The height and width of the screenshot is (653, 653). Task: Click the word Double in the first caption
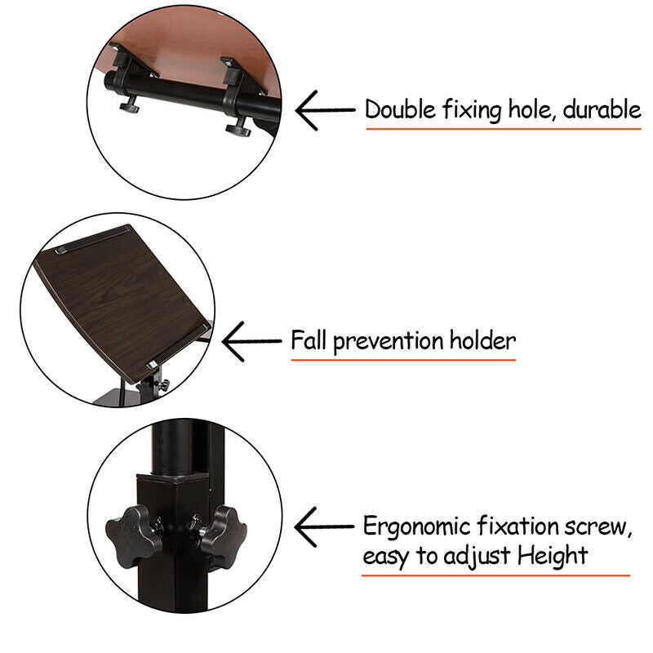click(x=400, y=109)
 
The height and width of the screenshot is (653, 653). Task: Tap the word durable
click(x=602, y=109)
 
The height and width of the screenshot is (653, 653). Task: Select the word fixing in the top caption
click(x=472, y=110)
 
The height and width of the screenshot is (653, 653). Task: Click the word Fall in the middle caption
click(x=309, y=340)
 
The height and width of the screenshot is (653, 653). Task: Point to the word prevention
click(x=389, y=341)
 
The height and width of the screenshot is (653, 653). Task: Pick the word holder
click(x=482, y=340)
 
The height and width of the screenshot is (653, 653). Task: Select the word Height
click(x=553, y=557)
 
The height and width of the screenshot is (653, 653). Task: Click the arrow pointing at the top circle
click(x=325, y=110)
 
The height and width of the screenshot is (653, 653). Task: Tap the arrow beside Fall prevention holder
click(x=252, y=341)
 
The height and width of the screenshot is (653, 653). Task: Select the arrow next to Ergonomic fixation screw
click(x=324, y=526)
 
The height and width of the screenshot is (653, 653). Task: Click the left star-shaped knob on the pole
click(x=133, y=537)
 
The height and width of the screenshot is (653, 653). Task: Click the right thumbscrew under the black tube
click(x=238, y=128)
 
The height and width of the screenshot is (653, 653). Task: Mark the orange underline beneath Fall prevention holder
click(x=403, y=360)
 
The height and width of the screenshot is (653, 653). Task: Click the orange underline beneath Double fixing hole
click(x=504, y=129)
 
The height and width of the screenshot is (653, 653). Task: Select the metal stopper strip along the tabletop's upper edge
click(x=92, y=239)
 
